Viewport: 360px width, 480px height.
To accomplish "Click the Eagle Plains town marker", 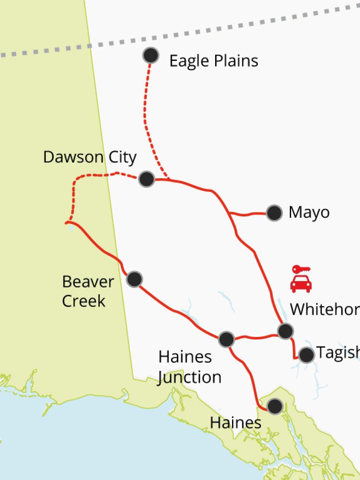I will pyautogui.click(x=151, y=56).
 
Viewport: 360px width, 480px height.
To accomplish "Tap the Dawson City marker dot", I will pyautogui.click(x=146, y=179).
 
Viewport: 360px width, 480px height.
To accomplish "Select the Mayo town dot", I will pyautogui.click(x=274, y=213).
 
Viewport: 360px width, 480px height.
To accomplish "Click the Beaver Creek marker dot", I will pyautogui.click(x=134, y=279).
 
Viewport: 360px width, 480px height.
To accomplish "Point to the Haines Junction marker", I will pyautogui.click(x=226, y=339).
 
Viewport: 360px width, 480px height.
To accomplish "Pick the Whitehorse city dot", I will pyautogui.click(x=285, y=331).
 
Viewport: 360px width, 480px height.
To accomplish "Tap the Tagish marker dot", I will pyautogui.click(x=306, y=355).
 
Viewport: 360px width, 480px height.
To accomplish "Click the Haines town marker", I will pyautogui.click(x=275, y=405).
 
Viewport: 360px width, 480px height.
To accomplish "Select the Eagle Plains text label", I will pyautogui.click(x=214, y=61).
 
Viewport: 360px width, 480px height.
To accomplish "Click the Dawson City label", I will pyautogui.click(x=90, y=157).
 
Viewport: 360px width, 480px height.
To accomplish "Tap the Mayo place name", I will pyautogui.click(x=309, y=212).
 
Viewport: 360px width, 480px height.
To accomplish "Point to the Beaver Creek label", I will pyautogui.click(x=88, y=291).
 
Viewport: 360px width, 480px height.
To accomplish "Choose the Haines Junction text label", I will pyautogui.click(x=190, y=367).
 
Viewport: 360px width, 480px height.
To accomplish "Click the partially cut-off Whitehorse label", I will pyautogui.click(x=324, y=309).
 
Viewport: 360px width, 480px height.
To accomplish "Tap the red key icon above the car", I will pyautogui.click(x=301, y=269).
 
